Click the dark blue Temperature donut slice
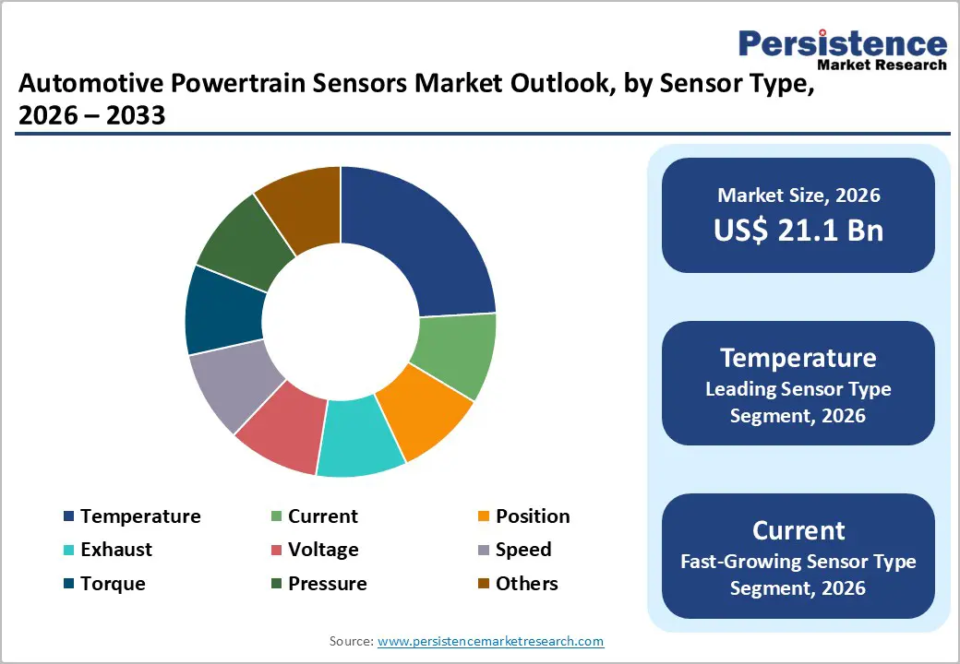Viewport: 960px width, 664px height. pos(425,240)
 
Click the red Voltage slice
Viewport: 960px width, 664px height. pos(282,427)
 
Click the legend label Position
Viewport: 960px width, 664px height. pos(533,516)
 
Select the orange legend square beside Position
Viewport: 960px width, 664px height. pos(483,516)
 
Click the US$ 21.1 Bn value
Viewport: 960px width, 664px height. pos(798,230)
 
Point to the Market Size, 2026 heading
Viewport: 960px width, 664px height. pos(798,196)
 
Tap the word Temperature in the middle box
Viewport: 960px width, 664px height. pos(798,358)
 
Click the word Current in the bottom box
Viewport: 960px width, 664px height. pos(798,530)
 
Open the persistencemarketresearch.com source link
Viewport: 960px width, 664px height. pos(490,641)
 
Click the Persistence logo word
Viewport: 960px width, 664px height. pos(842,44)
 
